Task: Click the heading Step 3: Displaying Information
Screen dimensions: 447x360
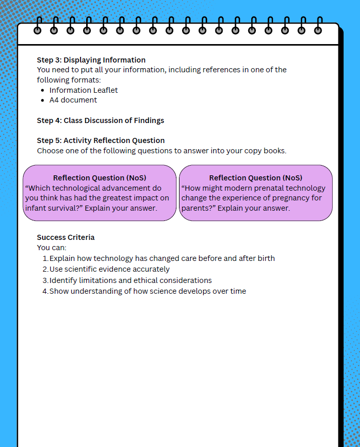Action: click(91, 60)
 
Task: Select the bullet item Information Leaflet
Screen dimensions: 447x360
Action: click(84, 90)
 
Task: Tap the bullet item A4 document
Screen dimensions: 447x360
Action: click(73, 100)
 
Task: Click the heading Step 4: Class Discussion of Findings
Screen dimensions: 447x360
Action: click(101, 120)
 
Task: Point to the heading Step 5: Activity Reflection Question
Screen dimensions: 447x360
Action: click(101, 140)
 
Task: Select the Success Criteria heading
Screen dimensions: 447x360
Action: click(66, 237)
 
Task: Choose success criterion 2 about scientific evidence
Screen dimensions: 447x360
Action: click(109, 269)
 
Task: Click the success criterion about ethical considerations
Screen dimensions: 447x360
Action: click(130, 280)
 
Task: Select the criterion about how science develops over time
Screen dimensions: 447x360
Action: click(148, 291)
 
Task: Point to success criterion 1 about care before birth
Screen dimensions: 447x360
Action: click(162, 258)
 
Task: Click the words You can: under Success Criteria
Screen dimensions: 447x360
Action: click(52, 248)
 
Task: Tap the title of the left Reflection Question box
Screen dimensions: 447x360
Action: click(99, 178)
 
